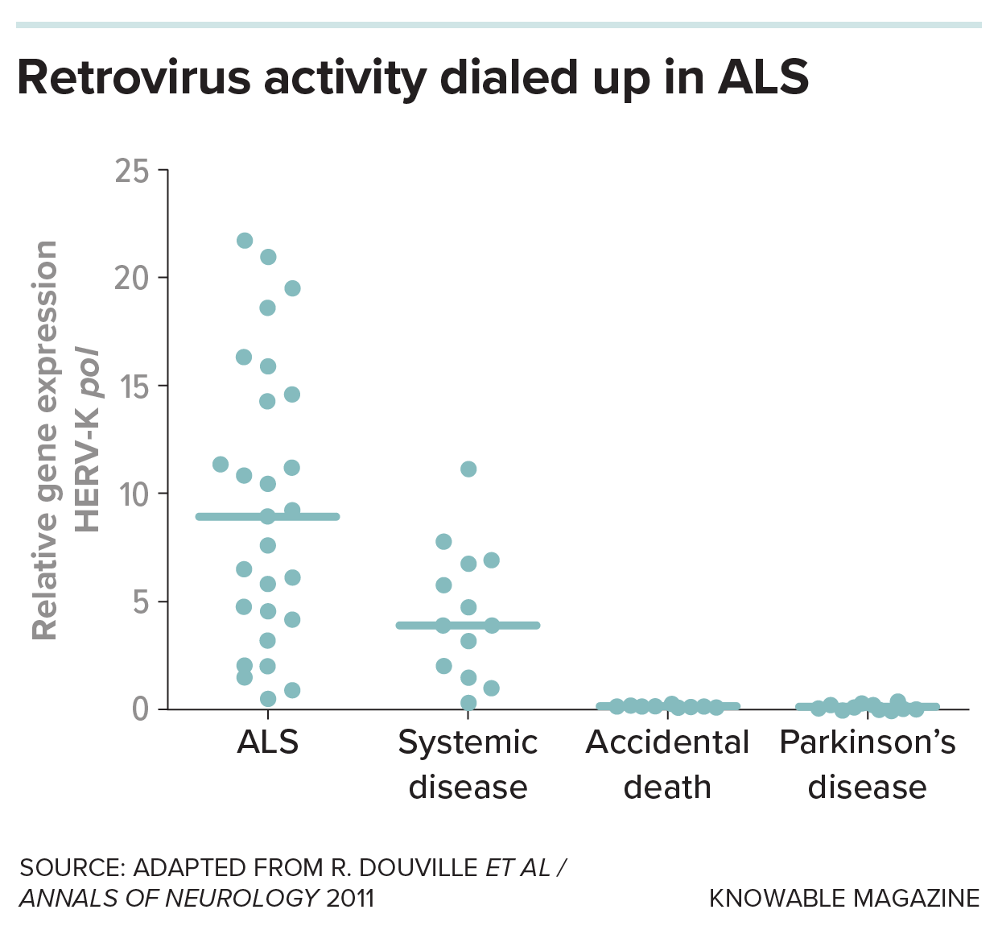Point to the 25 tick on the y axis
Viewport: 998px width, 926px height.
tap(132, 171)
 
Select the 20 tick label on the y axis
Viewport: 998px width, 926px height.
tap(132, 279)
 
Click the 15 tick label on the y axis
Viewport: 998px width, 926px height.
tap(132, 387)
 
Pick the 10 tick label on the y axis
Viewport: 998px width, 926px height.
tap(132, 494)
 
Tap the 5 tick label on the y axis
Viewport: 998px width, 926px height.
tap(141, 602)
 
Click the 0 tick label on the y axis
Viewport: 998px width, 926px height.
tap(141, 709)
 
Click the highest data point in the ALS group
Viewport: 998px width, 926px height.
tap(245, 241)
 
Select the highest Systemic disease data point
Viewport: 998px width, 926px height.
tap(468, 469)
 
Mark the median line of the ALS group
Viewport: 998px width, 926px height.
tap(314, 516)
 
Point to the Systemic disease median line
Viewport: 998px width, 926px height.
tap(515, 625)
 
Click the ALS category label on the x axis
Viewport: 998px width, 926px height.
tap(268, 742)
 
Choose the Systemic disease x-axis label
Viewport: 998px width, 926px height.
tap(468, 764)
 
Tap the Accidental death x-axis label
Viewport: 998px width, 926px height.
tap(667, 764)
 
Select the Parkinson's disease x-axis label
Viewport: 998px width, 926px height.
tap(867, 764)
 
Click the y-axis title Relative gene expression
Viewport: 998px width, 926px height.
tap(46, 440)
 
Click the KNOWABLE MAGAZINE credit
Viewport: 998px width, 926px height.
tap(844, 898)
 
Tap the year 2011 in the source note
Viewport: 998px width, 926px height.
tap(351, 898)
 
